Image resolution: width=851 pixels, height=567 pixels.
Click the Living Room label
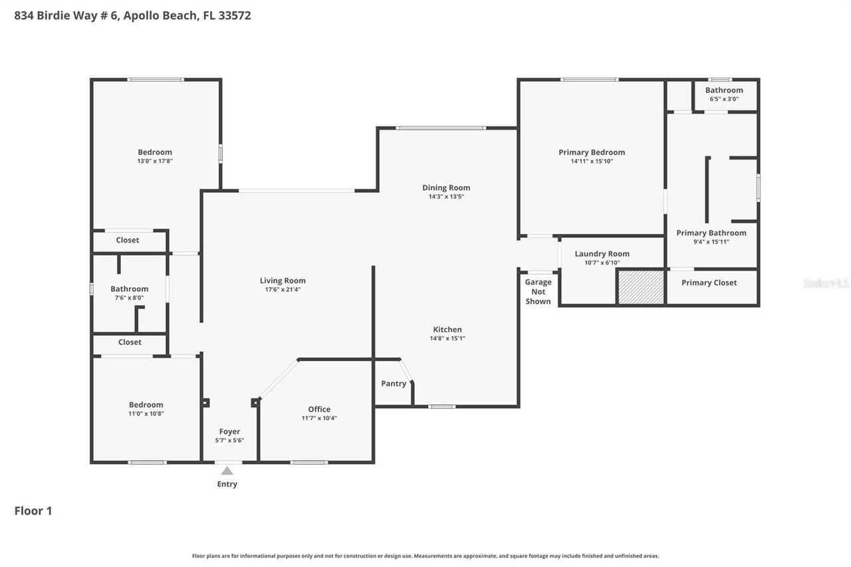pyautogui.click(x=283, y=281)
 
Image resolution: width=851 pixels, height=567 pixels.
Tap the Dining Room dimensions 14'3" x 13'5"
pyautogui.click(x=445, y=197)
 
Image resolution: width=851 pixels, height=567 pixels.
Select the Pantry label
pyautogui.click(x=394, y=384)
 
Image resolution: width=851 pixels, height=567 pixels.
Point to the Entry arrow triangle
pyautogui.click(x=227, y=471)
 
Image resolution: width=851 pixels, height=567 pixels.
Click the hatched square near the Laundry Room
pyautogui.click(x=642, y=287)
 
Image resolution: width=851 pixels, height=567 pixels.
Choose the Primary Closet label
pyautogui.click(x=709, y=283)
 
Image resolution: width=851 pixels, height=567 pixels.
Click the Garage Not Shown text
pyautogui.click(x=538, y=292)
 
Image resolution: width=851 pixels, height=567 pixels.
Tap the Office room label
pyautogui.click(x=319, y=409)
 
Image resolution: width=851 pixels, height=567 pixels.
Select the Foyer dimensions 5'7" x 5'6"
pyautogui.click(x=229, y=441)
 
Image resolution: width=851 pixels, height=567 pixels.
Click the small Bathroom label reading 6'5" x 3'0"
pyautogui.click(x=724, y=90)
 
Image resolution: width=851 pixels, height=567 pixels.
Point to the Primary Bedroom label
pyautogui.click(x=592, y=152)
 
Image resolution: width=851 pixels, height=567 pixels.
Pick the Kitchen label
pyautogui.click(x=447, y=330)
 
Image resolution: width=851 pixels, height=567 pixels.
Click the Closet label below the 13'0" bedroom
pyautogui.click(x=128, y=240)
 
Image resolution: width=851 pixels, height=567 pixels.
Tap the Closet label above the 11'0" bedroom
pyautogui.click(x=130, y=342)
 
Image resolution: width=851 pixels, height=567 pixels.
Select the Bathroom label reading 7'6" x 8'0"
pyautogui.click(x=129, y=289)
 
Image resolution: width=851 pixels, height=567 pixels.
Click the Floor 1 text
pyautogui.click(x=33, y=511)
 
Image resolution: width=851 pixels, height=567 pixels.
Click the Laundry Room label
pyautogui.click(x=602, y=254)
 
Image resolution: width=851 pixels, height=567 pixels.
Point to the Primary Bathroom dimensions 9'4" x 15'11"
pyautogui.click(x=711, y=242)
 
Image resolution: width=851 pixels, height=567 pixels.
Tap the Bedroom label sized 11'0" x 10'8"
pyautogui.click(x=146, y=405)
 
